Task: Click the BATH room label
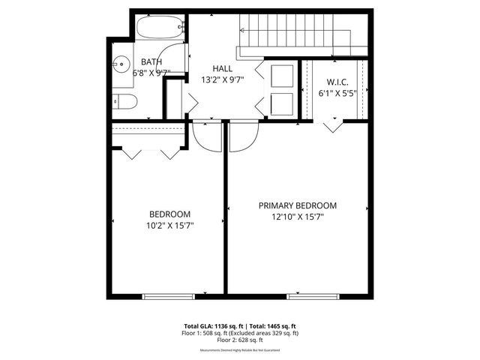(151, 62)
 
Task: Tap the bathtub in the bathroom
(160, 28)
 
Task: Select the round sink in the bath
(121, 63)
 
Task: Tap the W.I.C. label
(336, 82)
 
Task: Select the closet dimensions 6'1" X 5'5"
(336, 93)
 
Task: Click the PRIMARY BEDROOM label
(298, 205)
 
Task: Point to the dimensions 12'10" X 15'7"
(298, 217)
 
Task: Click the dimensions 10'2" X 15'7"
(169, 225)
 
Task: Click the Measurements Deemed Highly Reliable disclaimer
(240, 350)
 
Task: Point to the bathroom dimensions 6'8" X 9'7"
(151, 73)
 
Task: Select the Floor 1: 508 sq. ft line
(240, 333)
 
